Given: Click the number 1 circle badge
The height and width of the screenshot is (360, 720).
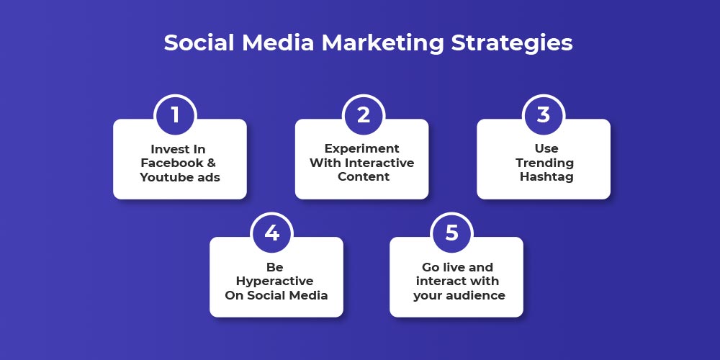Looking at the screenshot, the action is [x=176, y=115].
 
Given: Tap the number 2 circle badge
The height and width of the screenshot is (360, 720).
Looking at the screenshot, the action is [x=364, y=115].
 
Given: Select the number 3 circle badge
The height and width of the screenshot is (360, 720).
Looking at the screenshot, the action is [x=544, y=115].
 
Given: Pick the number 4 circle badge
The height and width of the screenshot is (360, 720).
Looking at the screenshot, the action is [x=272, y=233].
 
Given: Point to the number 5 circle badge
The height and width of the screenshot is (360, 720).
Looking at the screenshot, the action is [x=452, y=233].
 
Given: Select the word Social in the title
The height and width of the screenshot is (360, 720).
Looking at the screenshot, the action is [x=199, y=42].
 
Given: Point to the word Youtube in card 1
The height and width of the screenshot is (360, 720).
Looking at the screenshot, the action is [x=164, y=177].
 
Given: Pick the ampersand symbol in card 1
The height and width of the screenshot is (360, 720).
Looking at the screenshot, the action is [x=211, y=163].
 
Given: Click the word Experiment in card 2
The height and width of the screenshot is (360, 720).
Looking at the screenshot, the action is [x=362, y=149].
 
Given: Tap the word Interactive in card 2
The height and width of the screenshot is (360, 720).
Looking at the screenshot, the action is [x=379, y=163].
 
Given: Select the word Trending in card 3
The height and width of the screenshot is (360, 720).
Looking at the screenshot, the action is [x=544, y=163].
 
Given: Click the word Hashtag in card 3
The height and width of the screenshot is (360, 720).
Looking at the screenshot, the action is [x=546, y=177].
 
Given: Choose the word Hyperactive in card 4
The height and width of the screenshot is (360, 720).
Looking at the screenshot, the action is [x=274, y=282].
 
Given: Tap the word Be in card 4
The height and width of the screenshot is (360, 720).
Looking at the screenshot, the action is [x=274, y=267].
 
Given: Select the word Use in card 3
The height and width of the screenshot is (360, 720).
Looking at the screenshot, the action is [x=546, y=149].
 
